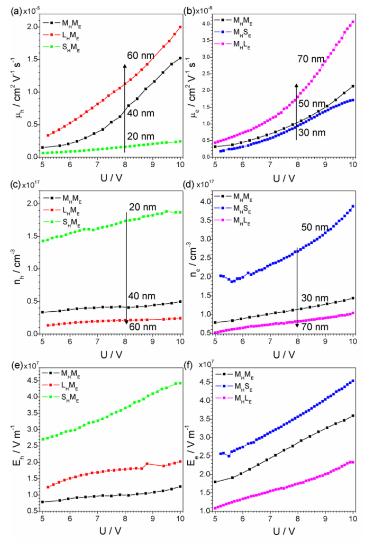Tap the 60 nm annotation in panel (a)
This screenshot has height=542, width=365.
(139, 55)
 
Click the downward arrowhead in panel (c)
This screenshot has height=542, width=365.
(126, 321)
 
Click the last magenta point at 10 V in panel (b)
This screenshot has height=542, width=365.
(353, 22)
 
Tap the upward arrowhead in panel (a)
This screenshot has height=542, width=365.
(125, 65)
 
